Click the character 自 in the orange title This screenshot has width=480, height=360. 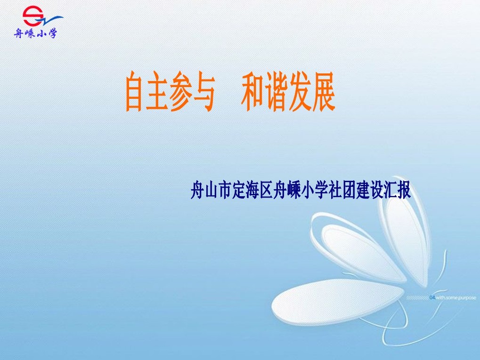[134, 91]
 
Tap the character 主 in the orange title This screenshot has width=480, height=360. [157, 91]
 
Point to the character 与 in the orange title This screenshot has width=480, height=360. [203, 91]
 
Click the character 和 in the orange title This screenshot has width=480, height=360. [252, 91]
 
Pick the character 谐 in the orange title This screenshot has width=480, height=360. [277, 91]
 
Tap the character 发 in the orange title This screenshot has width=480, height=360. [300, 91]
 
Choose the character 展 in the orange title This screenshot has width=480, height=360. [324, 91]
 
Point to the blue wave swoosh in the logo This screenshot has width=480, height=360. [52, 21]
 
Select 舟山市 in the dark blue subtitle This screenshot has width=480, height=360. [211, 190]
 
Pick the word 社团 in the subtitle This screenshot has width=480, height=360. [341, 190]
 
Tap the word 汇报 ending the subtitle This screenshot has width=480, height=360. [397, 190]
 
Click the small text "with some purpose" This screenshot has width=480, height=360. [456, 297]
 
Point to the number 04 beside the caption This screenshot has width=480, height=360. [432, 297]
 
